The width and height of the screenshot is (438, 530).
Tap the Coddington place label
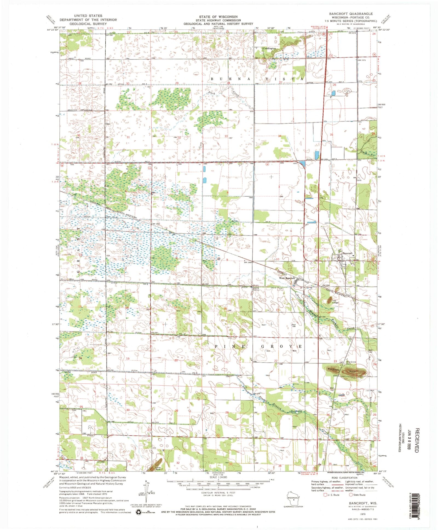(269, 48)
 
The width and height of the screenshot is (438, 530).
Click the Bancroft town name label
(347, 254)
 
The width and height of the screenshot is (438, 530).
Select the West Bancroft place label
(287, 278)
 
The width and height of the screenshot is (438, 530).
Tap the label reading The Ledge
(335, 302)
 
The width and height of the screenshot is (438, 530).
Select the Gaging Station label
(256, 289)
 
